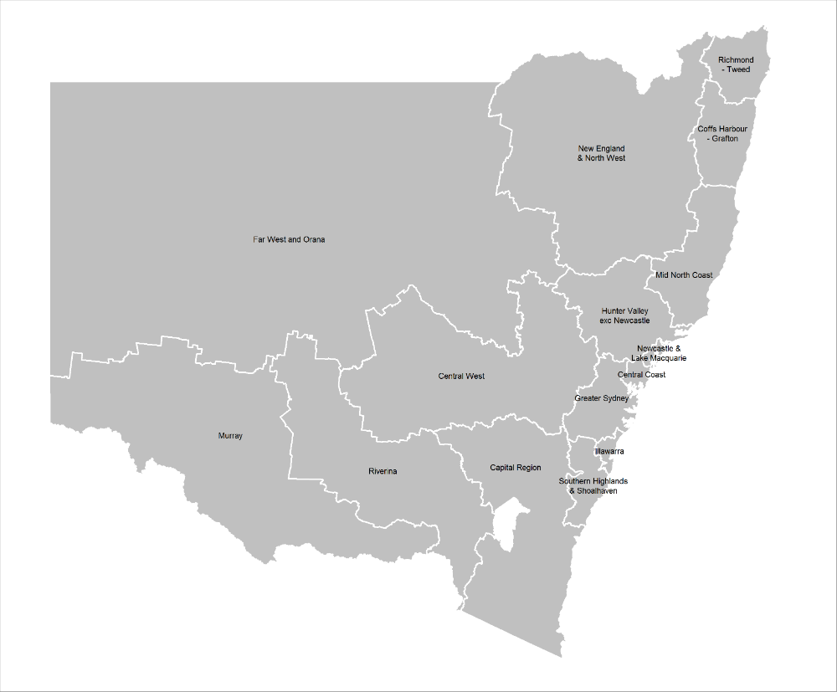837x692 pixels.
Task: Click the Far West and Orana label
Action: [289, 240]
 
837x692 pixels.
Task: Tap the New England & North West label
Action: [601, 153]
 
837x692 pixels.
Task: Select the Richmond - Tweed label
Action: [736, 65]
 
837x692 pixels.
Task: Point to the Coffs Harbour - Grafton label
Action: [722, 134]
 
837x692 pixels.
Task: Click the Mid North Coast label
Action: [684, 275]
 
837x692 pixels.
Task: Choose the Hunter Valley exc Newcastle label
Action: [624, 316]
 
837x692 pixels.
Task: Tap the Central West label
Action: [461, 377]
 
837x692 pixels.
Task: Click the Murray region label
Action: [230, 436]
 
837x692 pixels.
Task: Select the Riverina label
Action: [383, 472]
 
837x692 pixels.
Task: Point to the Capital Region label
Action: [516, 468]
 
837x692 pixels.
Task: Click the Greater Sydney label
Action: [602, 398]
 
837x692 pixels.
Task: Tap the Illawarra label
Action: [609, 452]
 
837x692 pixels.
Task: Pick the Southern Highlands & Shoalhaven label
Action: [593, 486]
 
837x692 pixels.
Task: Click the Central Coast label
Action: [642, 375]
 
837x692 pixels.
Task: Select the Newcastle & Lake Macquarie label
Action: [659, 353]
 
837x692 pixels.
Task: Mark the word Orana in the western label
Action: [314, 240]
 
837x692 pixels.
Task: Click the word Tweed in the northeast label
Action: [738, 70]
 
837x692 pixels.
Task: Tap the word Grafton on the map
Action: [725, 139]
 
